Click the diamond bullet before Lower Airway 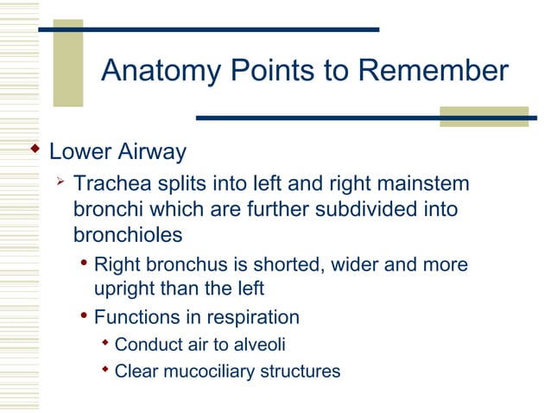[35, 151]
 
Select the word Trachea [108, 184]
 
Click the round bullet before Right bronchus [85, 264]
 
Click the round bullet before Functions [85, 316]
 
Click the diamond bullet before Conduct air [105, 344]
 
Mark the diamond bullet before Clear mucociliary [105, 370]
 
